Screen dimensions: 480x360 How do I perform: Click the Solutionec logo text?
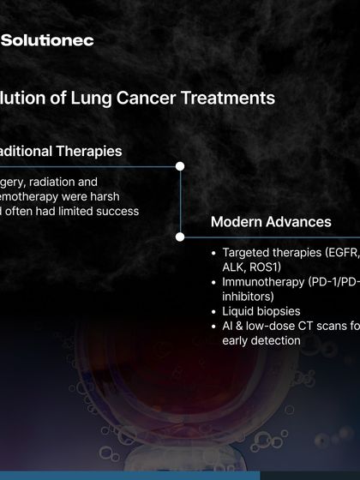[x=47, y=40]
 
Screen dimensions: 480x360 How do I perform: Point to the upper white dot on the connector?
[x=180, y=166]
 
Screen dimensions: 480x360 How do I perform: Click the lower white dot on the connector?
[x=180, y=236]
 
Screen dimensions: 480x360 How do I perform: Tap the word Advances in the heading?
[x=297, y=222]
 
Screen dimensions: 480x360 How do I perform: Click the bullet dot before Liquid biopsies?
[x=213, y=310]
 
